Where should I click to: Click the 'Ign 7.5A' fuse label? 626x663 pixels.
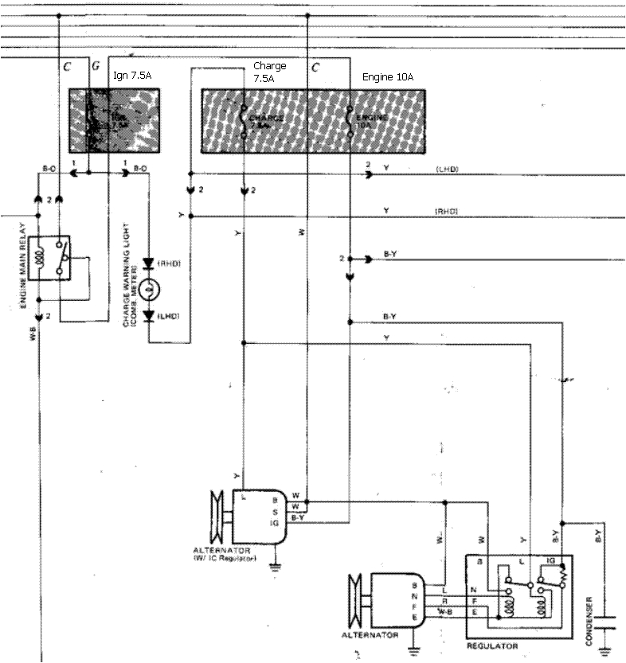tap(132, 75)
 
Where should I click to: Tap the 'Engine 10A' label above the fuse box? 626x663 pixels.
tap(388, 77)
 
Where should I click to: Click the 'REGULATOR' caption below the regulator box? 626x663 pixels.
tap(493, 645)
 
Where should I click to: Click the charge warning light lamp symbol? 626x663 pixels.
tap(149, 289)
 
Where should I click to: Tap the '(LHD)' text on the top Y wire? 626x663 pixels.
tap(447, 170)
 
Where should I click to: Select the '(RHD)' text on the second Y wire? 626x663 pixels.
tap(446, 211)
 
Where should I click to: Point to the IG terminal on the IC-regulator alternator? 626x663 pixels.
tap(274, 523)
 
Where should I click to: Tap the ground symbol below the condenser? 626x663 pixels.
tap(607, 649)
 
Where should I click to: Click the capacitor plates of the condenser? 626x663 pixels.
tap(607, 621)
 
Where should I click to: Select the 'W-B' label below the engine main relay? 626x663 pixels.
tap(33, 335)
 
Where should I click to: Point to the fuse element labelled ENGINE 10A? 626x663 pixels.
tap(350, 120)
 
